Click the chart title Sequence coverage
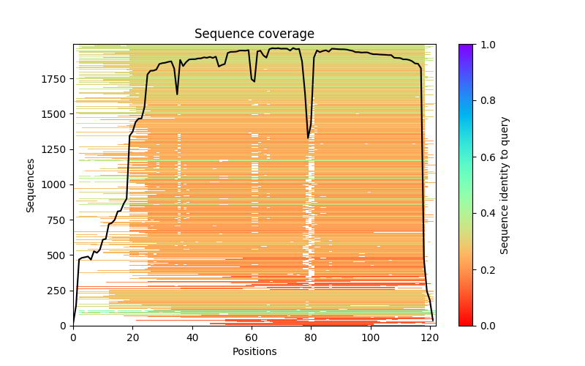click(x=254, y=34)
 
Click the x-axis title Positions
click(x=254, y=351)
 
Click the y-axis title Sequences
click(x=31, y=184)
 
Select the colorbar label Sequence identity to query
click(x=505, y=184)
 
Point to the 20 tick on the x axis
click(x=132, y=337)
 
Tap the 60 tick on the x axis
click(x=252, y=337)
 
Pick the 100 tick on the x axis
click(x=371, y=337)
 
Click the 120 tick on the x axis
click(x=430, y=337)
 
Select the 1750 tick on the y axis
click(x=56, y=79)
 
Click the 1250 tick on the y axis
click(x=56, y=149)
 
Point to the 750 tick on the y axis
click(x=58, y=220)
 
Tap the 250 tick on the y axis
click(x=58, y=290)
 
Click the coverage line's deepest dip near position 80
click(x=309, y=138)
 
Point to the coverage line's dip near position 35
click(x=177, y=94)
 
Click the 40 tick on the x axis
click(x=192, y=337)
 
